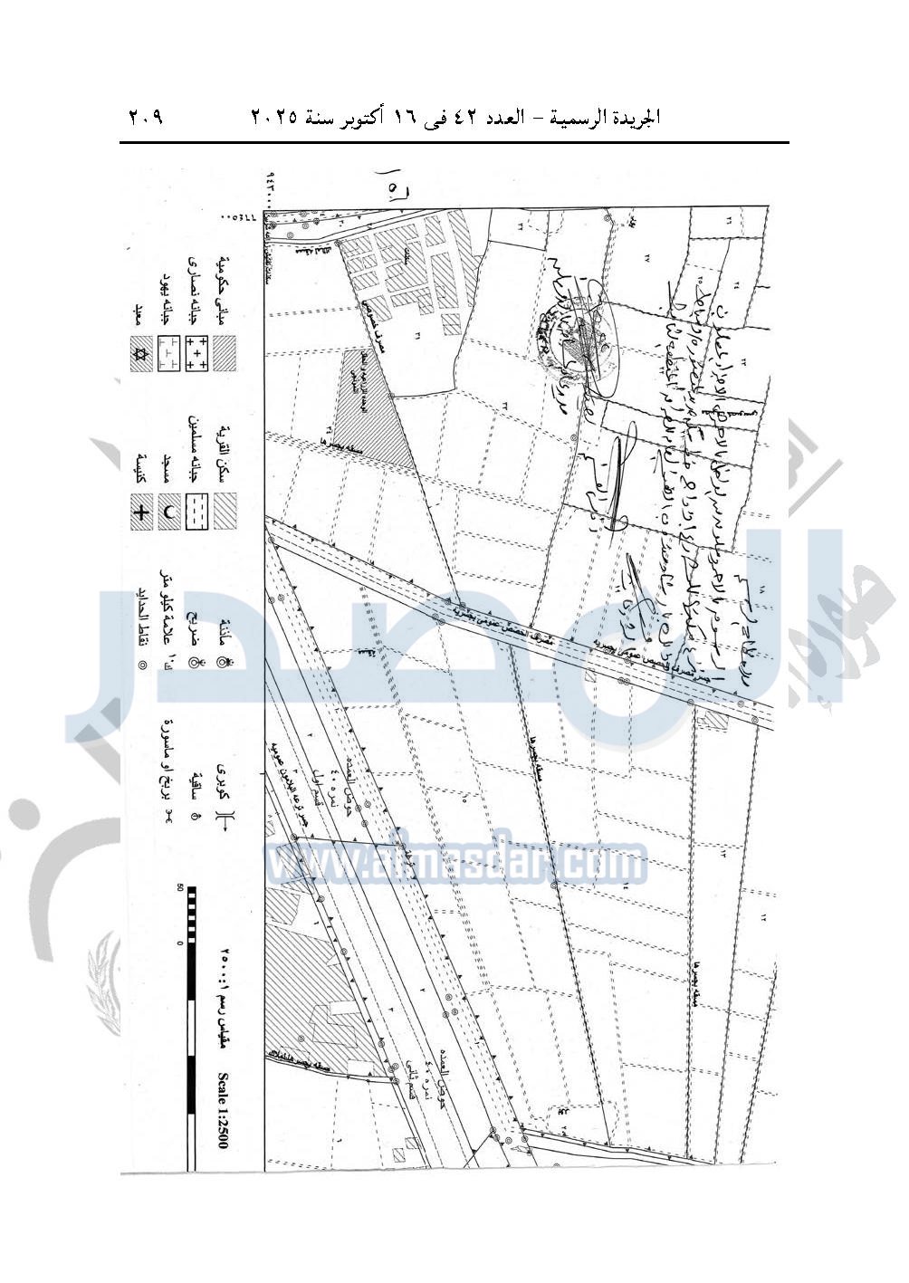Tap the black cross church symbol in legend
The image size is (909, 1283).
140,513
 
